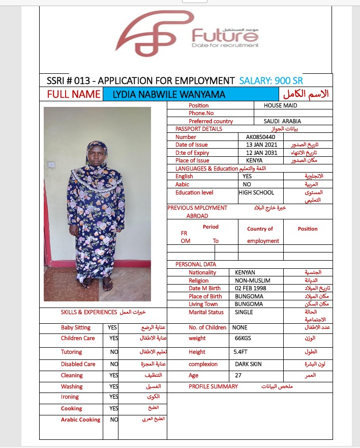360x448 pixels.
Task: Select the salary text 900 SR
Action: (289, 80)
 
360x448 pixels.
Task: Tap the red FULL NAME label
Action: (74, 94)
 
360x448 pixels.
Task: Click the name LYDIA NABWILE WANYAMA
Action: (169, 94)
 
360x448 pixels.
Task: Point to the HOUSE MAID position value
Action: (280, 105)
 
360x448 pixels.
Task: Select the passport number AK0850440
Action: (260, 137)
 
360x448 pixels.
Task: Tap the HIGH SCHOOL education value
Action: (256, 192)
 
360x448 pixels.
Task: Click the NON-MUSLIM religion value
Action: (253, 281)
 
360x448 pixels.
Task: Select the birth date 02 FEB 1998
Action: (251, 288)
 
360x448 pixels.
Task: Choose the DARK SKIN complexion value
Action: (248, 364)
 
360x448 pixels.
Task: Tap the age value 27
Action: (238, 375)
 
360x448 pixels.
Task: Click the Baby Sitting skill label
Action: (76, 327)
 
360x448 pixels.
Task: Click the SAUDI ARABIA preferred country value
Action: (282, 121)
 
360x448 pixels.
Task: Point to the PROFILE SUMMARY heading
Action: (213, 386)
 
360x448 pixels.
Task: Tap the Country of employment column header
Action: (260, 235)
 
